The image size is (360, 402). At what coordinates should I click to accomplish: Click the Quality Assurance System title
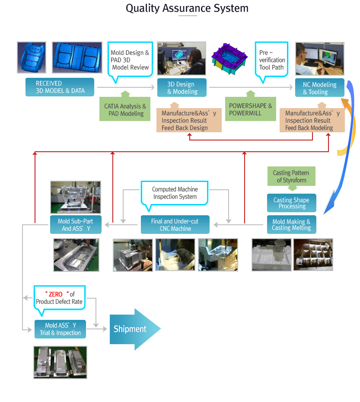[187, 8]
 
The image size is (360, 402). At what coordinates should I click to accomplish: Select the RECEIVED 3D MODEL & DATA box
[60, 87]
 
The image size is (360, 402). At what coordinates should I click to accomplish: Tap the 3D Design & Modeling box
[182, 88]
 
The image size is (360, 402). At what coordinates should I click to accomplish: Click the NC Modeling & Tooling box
[320, 88]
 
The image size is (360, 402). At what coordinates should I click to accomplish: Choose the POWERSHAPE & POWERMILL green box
[250, 109]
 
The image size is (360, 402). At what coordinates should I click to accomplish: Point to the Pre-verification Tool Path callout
[271, 60]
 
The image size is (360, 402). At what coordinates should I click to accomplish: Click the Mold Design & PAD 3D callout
[130, 60]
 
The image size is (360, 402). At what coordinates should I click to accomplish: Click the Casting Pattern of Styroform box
[291, 176]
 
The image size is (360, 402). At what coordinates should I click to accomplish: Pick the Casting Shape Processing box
[291, 203]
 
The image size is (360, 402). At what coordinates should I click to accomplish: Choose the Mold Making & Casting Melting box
[291, 225]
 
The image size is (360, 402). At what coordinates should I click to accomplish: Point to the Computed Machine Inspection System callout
[175, 193]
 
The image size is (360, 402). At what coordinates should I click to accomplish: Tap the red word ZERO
[56, 294]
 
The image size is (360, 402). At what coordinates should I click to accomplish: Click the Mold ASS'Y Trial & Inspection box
[60, 329]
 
